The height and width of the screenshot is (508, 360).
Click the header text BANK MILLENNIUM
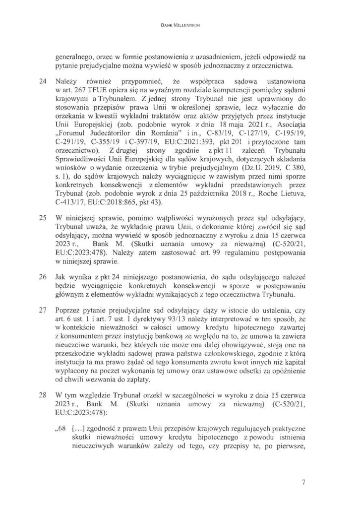click(x=180, y=24)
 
